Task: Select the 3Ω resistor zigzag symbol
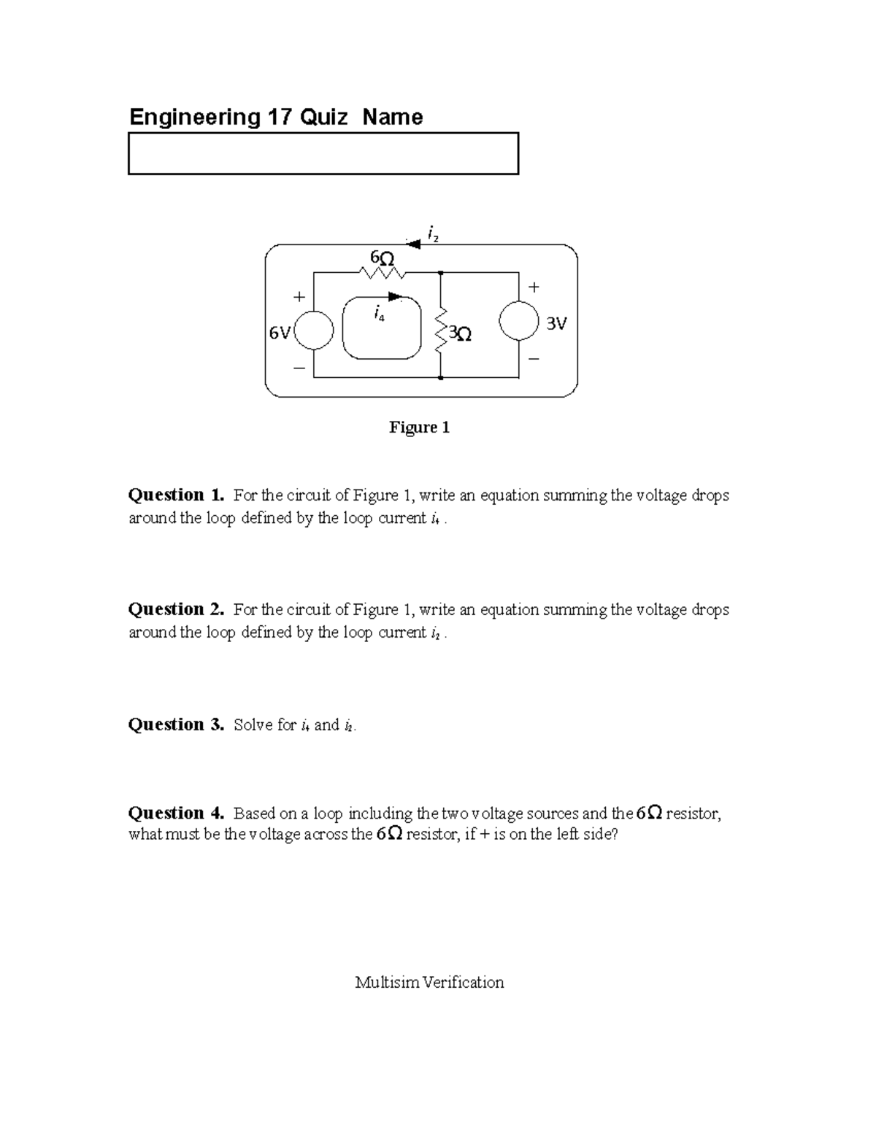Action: [441, 333]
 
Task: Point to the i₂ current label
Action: [433, 234]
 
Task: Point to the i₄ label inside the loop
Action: [379, 314]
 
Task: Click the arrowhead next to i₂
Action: [413, 244]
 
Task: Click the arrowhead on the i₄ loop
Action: [396, 297]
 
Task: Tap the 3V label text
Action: [556, 322]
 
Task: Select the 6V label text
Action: [279, 333]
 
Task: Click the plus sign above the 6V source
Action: [298, 297]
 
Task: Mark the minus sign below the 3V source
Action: [534, 358]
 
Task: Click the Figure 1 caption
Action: [419, 428]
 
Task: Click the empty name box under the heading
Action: [323, 153]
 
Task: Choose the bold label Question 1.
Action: [176, 495]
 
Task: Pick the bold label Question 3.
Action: [176, 724]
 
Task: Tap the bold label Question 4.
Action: [176, 813]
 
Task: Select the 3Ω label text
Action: [460, 333]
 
